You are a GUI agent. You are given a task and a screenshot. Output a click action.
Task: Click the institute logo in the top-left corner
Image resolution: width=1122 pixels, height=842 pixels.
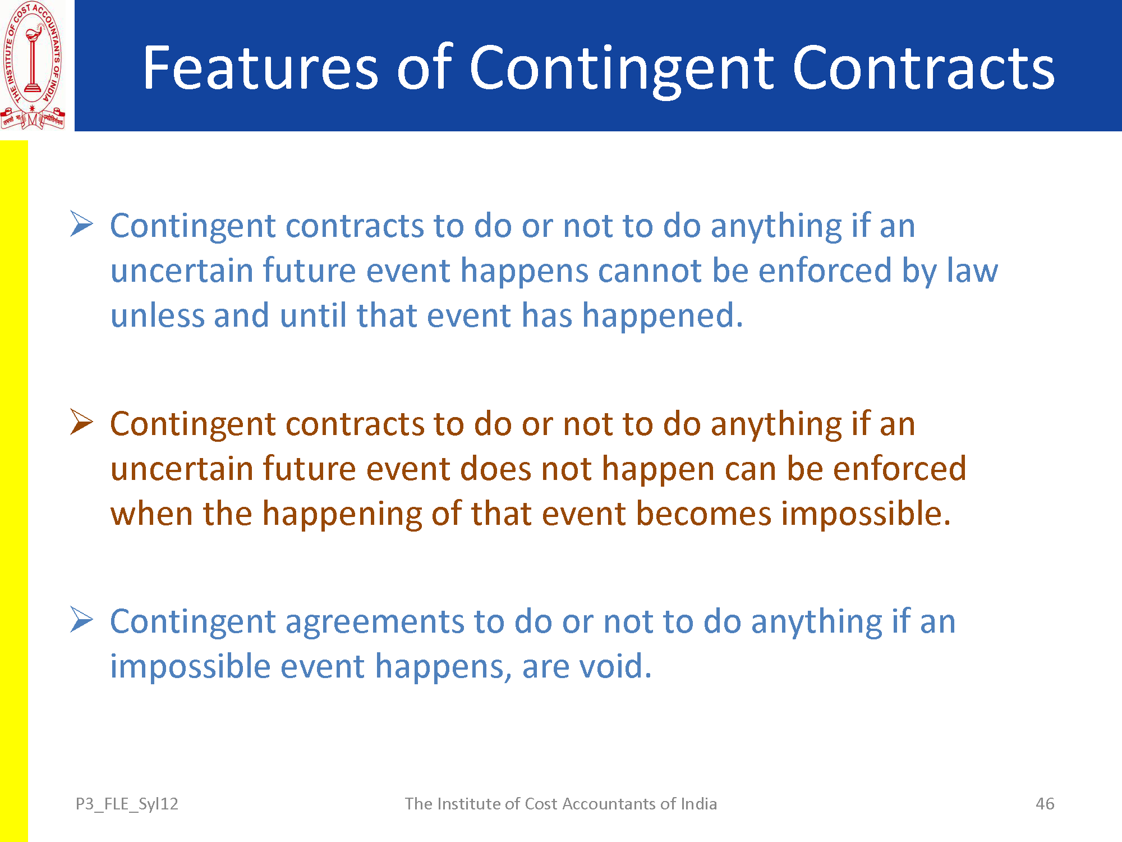coord(33,65)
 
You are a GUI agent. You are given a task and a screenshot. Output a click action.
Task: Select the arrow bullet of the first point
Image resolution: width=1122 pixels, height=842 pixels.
coord(82,224)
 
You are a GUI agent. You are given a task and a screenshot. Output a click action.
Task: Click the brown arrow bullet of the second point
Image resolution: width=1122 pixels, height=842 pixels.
coord(82,422)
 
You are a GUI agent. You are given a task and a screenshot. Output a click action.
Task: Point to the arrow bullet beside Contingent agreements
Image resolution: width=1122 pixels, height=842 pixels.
coord(82,620)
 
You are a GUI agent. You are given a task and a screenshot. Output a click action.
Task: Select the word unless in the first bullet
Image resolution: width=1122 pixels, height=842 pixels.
coord(158,315)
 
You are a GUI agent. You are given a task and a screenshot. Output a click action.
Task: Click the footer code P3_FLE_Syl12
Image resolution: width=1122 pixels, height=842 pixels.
coord(127,804)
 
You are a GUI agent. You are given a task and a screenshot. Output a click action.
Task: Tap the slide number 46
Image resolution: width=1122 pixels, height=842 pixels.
coord(1045,804)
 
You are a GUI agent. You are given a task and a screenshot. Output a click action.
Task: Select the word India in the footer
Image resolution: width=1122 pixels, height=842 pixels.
coord(698,804)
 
